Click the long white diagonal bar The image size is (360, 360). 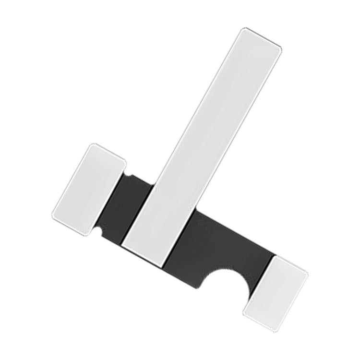click(202, 144)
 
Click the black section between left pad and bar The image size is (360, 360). click(127, 206)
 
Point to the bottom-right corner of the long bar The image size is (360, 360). click(163, 265)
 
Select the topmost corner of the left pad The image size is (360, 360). click(95, 144)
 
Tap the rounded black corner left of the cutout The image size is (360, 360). click(198, 286)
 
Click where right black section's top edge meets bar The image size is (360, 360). click(195, 212)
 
